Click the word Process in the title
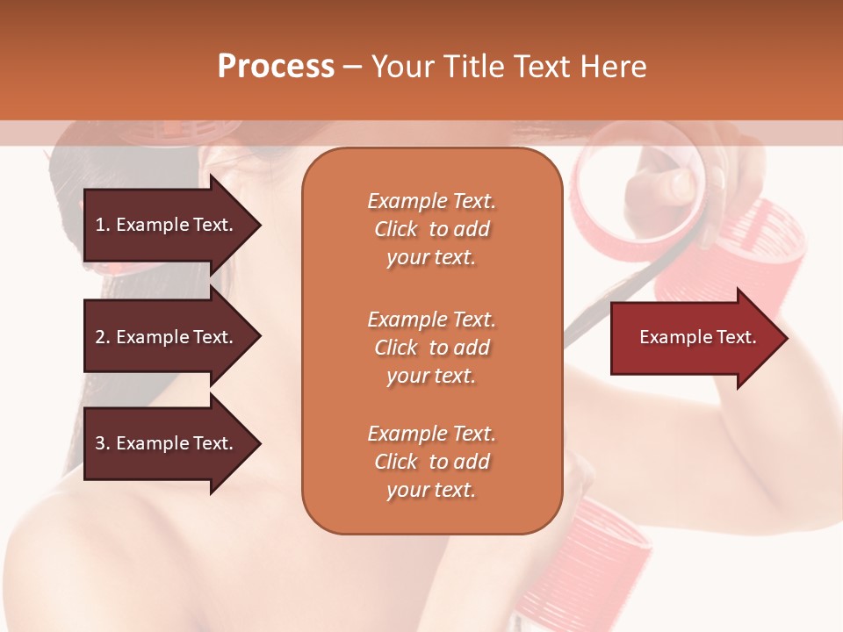click(x=276, y=67)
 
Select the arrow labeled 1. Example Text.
click(x=167, y=225)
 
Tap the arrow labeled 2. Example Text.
click(x=167, y=337)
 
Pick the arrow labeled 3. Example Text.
click(x=167, y=443)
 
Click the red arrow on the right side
click(x=694, y=337)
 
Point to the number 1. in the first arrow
click(x=103, y=225)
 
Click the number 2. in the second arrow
click(x=103, y=337)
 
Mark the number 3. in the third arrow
click(x=103, y=443)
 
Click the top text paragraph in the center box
click(x=431, y=229)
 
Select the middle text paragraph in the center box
click(x=431, y=348)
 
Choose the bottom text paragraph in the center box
click(x=431, y=462)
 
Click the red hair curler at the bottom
click(x=588, y=562)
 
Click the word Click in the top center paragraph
click(x=396, y=229)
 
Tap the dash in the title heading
click(x=352, y=67)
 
